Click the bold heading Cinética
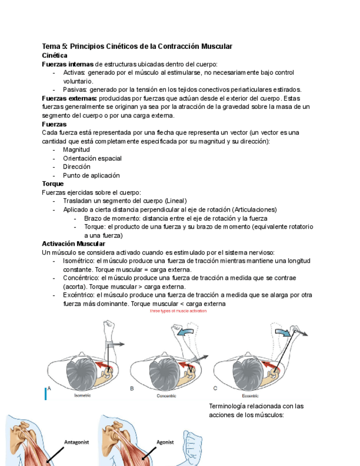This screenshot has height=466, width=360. click(x=54, y=56)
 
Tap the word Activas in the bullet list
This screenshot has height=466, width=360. click(x=74, y=73)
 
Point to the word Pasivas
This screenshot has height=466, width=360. click(x=75, y=90)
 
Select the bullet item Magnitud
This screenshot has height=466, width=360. click(x=76, y=149)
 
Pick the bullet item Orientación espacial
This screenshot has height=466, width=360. click(x=92, y=158)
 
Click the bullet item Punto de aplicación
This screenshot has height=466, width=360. click(x=91, y=175)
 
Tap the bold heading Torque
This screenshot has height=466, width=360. click(x=53, y=184)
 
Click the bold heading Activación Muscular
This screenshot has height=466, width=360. click(x=74, y=243)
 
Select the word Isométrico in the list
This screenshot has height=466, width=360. click(x=79, y=261)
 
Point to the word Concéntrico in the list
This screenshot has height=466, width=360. click(x=81, y=278)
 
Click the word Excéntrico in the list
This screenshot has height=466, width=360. click(x=80, y=295)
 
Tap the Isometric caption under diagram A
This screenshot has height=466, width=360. click(x=82, y=395)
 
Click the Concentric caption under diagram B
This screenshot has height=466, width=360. click(x=166, y=395)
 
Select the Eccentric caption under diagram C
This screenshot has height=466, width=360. click(x=249, y=395)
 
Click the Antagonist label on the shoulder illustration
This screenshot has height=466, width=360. click(x=76, y=441)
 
